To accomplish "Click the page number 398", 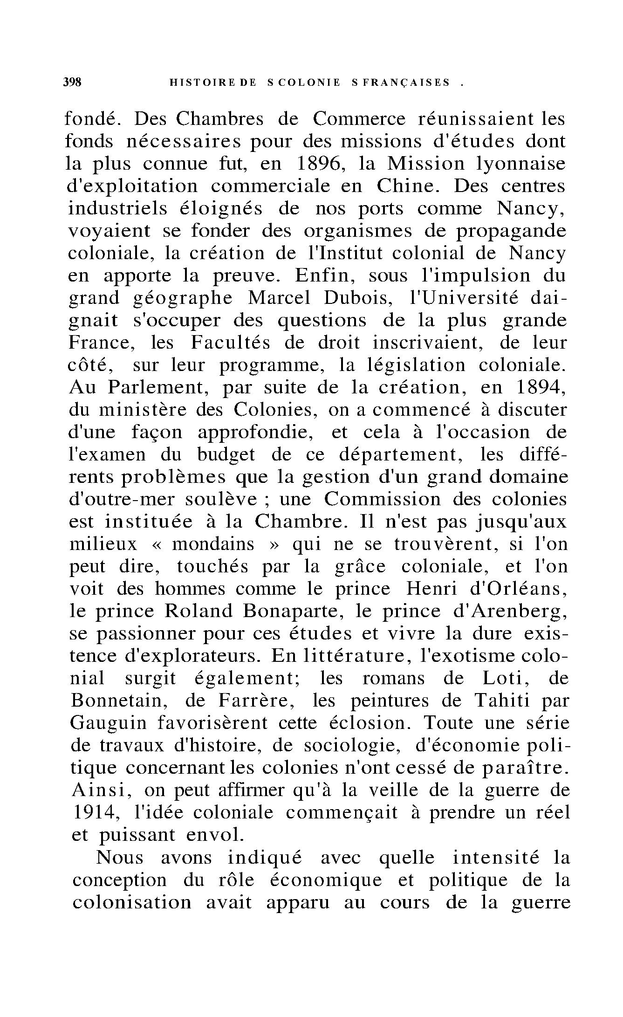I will point(72,82).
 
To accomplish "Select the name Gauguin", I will point(108,723).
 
